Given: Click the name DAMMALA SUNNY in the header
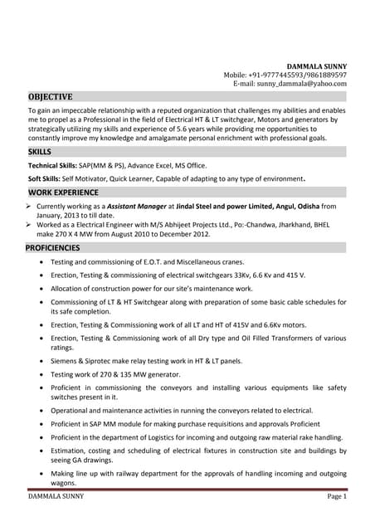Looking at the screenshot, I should [317, 66].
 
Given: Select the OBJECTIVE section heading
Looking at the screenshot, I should [50, 96].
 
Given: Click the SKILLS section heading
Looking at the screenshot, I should [39, 152].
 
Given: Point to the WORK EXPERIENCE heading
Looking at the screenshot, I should [64, 192].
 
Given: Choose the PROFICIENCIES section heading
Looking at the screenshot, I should [55, 247].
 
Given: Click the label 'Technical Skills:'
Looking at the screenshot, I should [54, 165].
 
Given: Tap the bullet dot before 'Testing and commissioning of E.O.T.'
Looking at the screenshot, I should [42, 261].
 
